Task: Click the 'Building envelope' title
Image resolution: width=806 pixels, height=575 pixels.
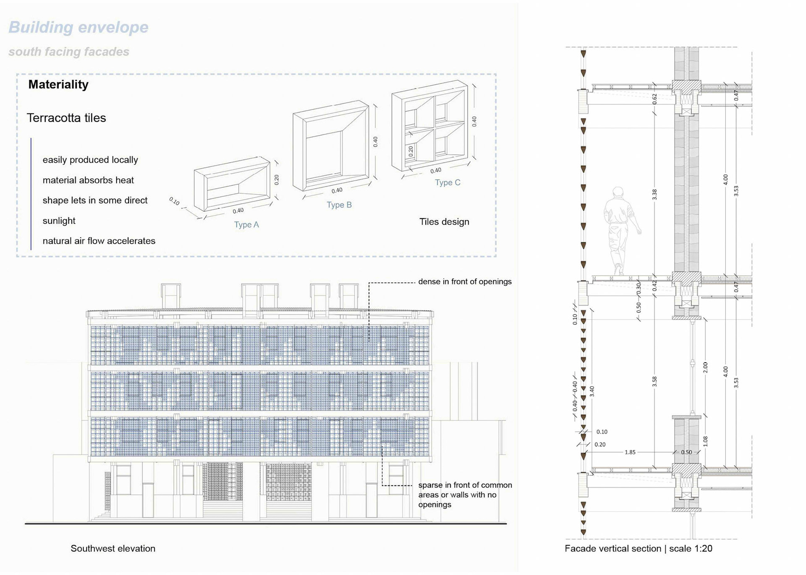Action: [x=79, y=27]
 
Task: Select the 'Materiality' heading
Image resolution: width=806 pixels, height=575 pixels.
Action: [x=58, y=84]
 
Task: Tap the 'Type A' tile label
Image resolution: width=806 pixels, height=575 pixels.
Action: [x=246, y=224]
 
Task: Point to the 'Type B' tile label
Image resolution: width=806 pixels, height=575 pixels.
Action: [x=339, y=205]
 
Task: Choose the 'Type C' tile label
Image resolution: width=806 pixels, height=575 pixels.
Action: [x=447, y=182]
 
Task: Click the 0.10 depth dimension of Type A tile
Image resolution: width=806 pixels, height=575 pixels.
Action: [x=174, y=201]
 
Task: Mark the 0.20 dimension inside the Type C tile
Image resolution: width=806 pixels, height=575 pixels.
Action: [x=411, y=151]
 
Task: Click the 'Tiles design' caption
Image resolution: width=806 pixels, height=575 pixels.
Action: [x=444, y=222]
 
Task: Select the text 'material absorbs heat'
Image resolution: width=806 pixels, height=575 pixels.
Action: [x=88, y=180]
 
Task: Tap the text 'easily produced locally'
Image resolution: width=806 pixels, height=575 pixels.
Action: [x=90, y=160]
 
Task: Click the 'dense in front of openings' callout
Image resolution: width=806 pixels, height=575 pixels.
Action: [x=465, y=281]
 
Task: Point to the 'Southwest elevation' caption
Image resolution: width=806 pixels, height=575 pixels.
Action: [x=113, y=548]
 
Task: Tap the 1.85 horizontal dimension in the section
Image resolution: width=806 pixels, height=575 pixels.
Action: [x=630, y=452]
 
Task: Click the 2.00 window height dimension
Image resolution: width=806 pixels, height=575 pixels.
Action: [x=705, y=367]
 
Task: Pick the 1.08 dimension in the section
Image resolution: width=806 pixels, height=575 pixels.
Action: [x=705, y=441]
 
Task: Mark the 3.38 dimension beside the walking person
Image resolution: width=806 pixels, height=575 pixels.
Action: [x=654, y=194]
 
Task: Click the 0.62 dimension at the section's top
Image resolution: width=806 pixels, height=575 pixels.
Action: [x=654, y=99]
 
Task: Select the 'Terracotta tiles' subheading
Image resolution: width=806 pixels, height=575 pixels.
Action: [x=66, y=118]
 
